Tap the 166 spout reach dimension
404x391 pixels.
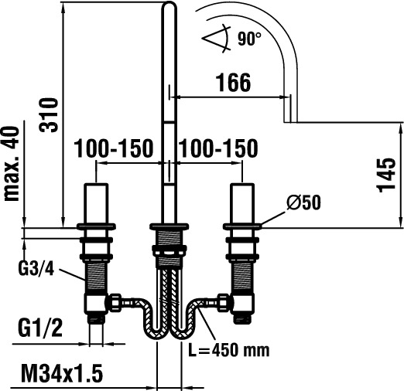coord(233,83)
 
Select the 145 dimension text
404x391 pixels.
coord(386,175)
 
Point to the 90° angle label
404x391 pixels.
coord(249,39)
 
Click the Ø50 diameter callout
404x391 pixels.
coord(303,202)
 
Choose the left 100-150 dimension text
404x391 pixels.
coord(114,148)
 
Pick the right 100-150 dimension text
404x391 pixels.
coord(218,148)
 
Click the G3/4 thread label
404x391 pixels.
coord(36,269)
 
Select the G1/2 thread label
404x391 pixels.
coord(40,328)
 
